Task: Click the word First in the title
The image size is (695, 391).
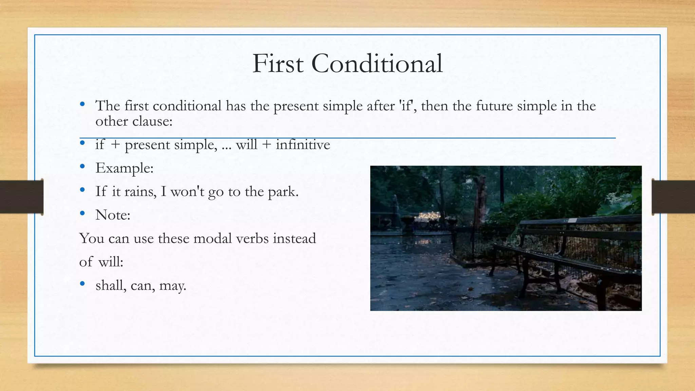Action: pos(278,64)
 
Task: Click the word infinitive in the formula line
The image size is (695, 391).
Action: pos(303,145)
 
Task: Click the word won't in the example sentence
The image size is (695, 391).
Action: pos(187,192)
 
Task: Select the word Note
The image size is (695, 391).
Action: pos(113,215)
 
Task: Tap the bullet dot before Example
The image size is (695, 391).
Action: pos(82,166)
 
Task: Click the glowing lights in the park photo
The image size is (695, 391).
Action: pos(429,216)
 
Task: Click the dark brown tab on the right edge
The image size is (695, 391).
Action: pos(673,197)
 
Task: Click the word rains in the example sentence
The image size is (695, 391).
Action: pos(140,192)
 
